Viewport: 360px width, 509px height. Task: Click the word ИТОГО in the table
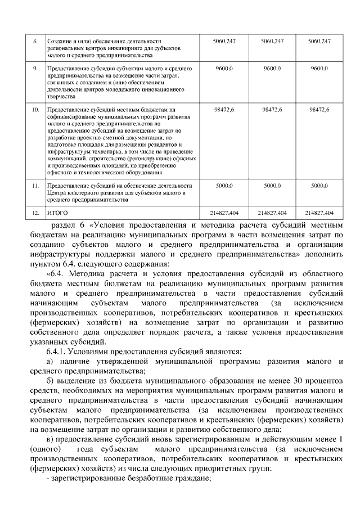pyautogui.click(x=57, y=213)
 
